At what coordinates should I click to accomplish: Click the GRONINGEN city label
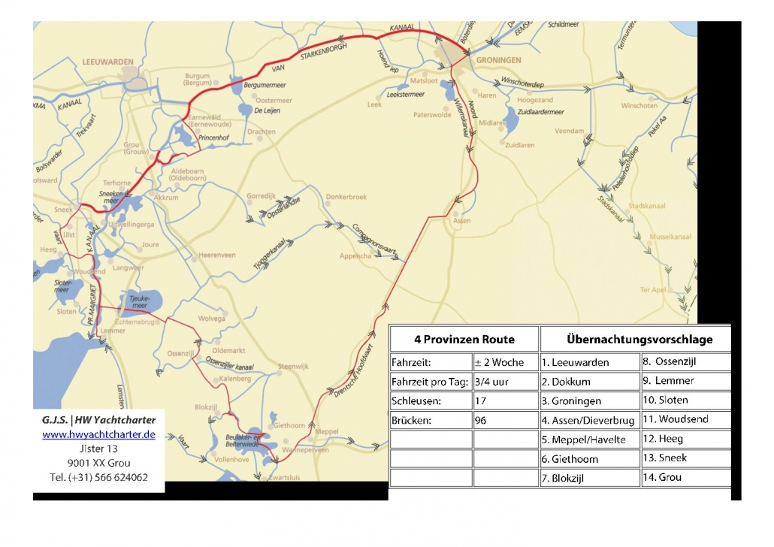coord(497,60)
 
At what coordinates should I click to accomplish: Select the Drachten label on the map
coord(261,131)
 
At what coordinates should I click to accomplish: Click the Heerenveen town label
coord(216,255)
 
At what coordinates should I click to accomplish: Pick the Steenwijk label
coord(293,366)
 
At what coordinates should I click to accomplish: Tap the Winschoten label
coord(639,106)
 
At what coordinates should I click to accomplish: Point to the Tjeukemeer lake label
coord(141,300)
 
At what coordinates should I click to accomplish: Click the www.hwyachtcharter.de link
coord(98,434)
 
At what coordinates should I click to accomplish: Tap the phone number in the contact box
coord(98,477)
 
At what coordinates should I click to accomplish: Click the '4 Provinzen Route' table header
coord(463,339)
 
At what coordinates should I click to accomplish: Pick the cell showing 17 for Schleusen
coord(505,401)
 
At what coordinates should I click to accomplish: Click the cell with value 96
coord(505,421)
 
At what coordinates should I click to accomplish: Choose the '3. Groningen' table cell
coord(589,401)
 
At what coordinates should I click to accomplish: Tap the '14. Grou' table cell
coord(685,477)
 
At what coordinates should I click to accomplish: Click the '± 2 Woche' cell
coord(505,362)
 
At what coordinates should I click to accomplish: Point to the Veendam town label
coord(569,131)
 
